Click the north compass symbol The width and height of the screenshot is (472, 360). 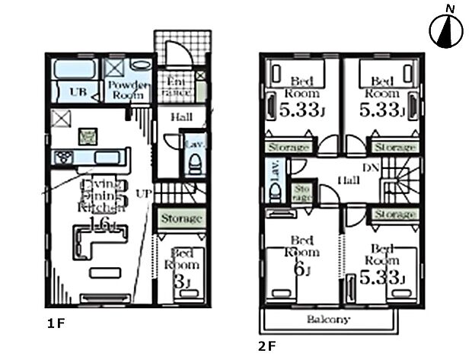coord(446,30)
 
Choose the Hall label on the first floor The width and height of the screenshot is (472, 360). coord(180,118)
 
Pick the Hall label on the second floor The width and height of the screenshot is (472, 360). coord(349,180)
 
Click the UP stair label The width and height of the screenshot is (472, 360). coord(143,194)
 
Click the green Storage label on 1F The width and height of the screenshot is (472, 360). coord(181,219)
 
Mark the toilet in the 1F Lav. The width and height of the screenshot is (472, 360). coord(195,164)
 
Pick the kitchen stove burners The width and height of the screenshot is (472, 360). coord(62,157)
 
